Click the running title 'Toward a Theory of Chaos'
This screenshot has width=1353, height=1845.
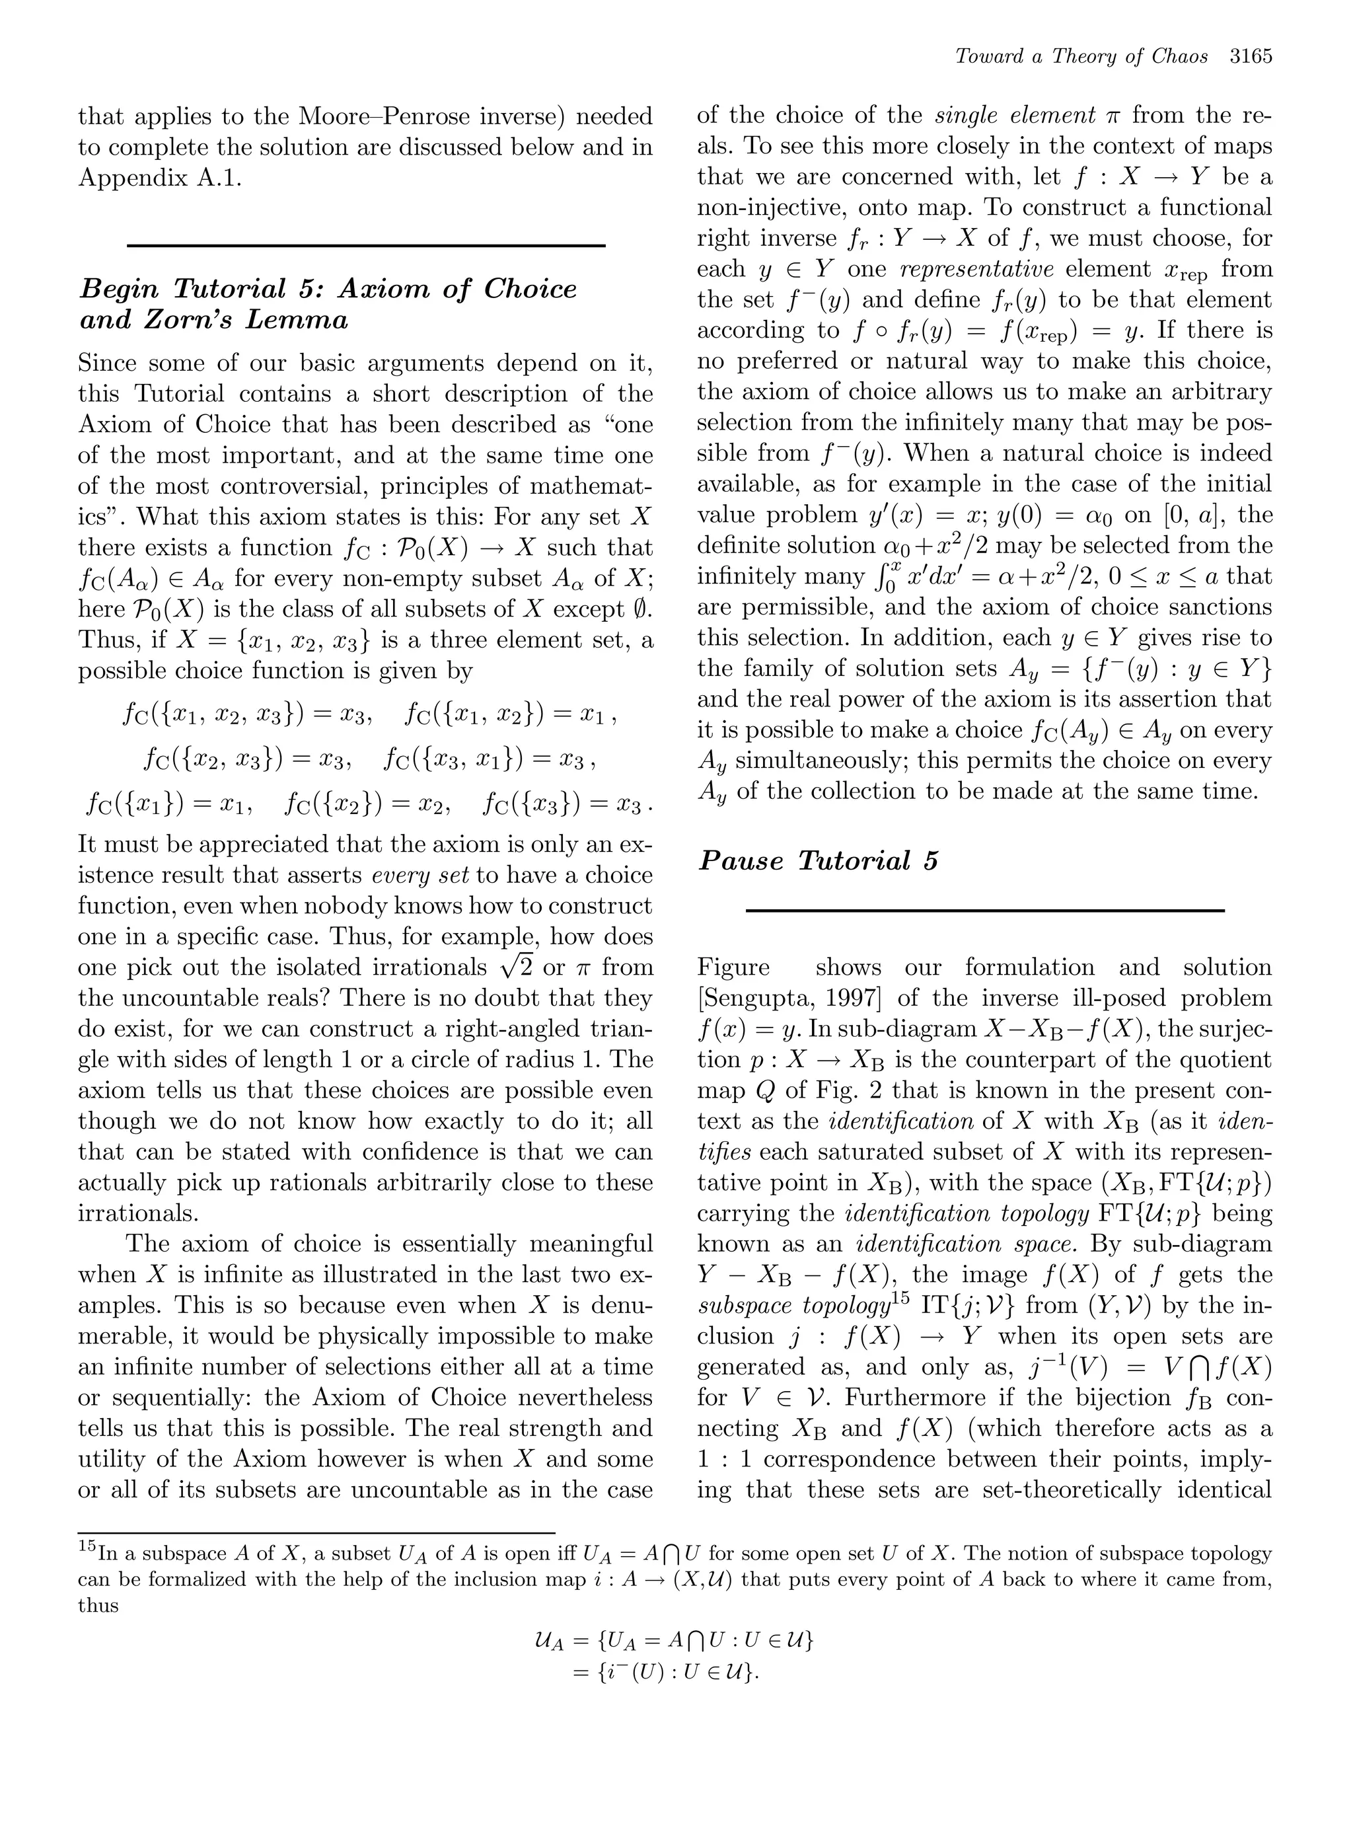click(x=1081, y=57)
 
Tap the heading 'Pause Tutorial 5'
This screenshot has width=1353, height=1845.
click(x=817, y=861)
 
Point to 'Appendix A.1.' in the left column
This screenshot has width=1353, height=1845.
click(x=160, y=178)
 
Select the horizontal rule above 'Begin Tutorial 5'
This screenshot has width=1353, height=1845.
click(x=366, y=245)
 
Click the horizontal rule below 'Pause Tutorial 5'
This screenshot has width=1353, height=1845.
click(x=984, y=910)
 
